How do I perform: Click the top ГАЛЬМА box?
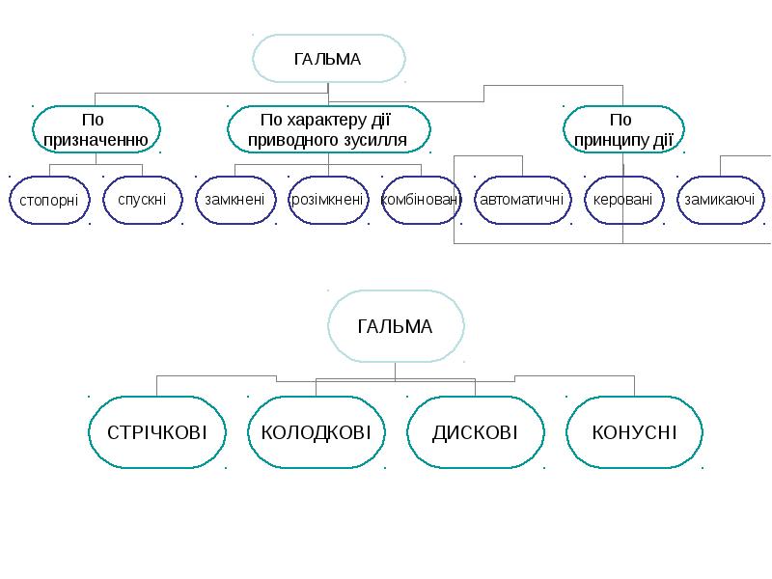[x=327, y=60]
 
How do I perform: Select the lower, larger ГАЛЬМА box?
[x=396, y=326]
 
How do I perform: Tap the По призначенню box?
[x=94, y=130]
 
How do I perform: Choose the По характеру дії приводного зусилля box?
[x=328, y=130]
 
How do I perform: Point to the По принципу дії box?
[x=622, y=130]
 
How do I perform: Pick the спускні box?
[x=142, y=200]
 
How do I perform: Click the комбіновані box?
[x=422, y=200]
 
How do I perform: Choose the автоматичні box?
[x=522, y=200]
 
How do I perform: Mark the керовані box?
[x=622, y=200]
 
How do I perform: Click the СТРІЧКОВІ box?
[x=157, y=431]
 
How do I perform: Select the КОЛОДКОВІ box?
[x=317, y=431]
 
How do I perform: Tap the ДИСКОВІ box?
[x=475, y=431]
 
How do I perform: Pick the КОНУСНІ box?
[x=634, y=431]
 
